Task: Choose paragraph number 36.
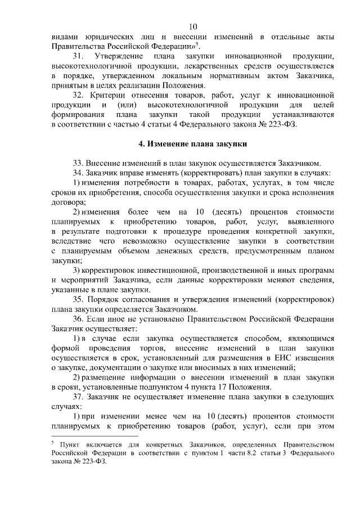pos(78,319)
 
